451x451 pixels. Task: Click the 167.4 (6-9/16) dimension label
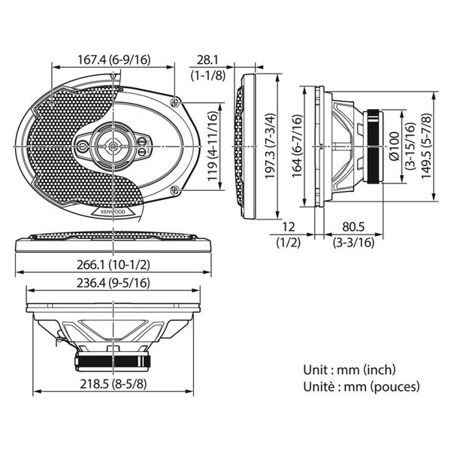click(x=114, y=60)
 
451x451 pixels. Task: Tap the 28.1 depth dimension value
click(x=207, y=60)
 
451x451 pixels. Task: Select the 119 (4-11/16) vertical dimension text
click(x=213, y=146)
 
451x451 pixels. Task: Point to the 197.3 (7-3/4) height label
click(x=270, y=146)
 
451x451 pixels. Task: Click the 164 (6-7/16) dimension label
click(x=298, y=146)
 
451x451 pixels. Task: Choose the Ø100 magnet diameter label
click(x=394, y=146)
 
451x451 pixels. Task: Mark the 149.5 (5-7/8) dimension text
click(x=426, y=146)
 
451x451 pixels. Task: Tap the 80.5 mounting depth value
click(x=353, y=227)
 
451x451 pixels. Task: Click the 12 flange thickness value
click(x=289, y=227)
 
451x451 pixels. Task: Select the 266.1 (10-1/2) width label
click(x=114, y=265)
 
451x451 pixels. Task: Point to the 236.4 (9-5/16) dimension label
click(x=114, y=283)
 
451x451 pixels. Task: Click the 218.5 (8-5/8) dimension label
click(x=114, y=384)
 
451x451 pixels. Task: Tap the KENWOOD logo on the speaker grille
click(x=113, y=212)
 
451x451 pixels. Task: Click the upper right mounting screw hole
click(x=175, y=102)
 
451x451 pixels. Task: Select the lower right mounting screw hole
click(x=175, y=190)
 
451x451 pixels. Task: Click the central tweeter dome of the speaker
click(x=113, y=146)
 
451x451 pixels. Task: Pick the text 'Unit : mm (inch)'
click(x=350, y=370)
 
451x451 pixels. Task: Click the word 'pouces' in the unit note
click(x=395, y=387)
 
